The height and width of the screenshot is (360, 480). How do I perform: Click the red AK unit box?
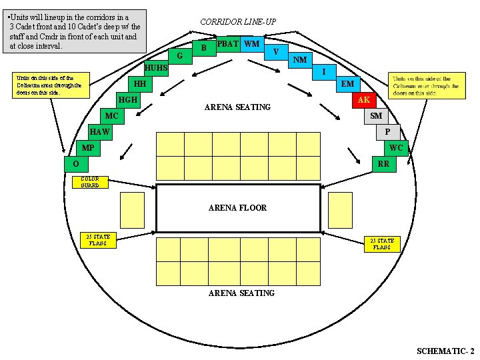[x=363, y=100]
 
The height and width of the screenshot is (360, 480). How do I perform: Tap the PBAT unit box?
[x=228, y=44]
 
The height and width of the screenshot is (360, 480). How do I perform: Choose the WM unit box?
[x=251, y=44]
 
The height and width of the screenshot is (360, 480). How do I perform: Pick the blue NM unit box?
[x=300, y=60]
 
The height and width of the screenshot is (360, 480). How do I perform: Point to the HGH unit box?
[x=127, y=100]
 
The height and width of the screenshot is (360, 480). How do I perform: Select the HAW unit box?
[x=100, y=132]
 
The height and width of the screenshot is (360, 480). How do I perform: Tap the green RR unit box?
[x=383, y=164]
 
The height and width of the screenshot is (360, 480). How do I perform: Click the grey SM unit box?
[x=375, y=116]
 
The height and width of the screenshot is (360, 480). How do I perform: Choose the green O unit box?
[x=77, y=164]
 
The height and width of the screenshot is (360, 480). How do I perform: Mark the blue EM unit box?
[x=347, y=84]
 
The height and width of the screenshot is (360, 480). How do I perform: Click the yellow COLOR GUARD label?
[x=89, y=182]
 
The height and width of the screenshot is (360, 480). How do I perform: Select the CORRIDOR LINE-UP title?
[x=238, y=22]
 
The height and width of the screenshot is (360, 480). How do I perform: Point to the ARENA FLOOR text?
[x=237, y=208]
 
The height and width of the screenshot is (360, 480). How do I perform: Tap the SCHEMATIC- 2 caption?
[x=445, y=351]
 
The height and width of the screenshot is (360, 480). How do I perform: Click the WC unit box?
[x=396, y=148]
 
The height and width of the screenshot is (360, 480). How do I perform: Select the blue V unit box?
[x=276, y=51]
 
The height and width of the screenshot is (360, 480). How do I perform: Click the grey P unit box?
[x=387, y=132]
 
